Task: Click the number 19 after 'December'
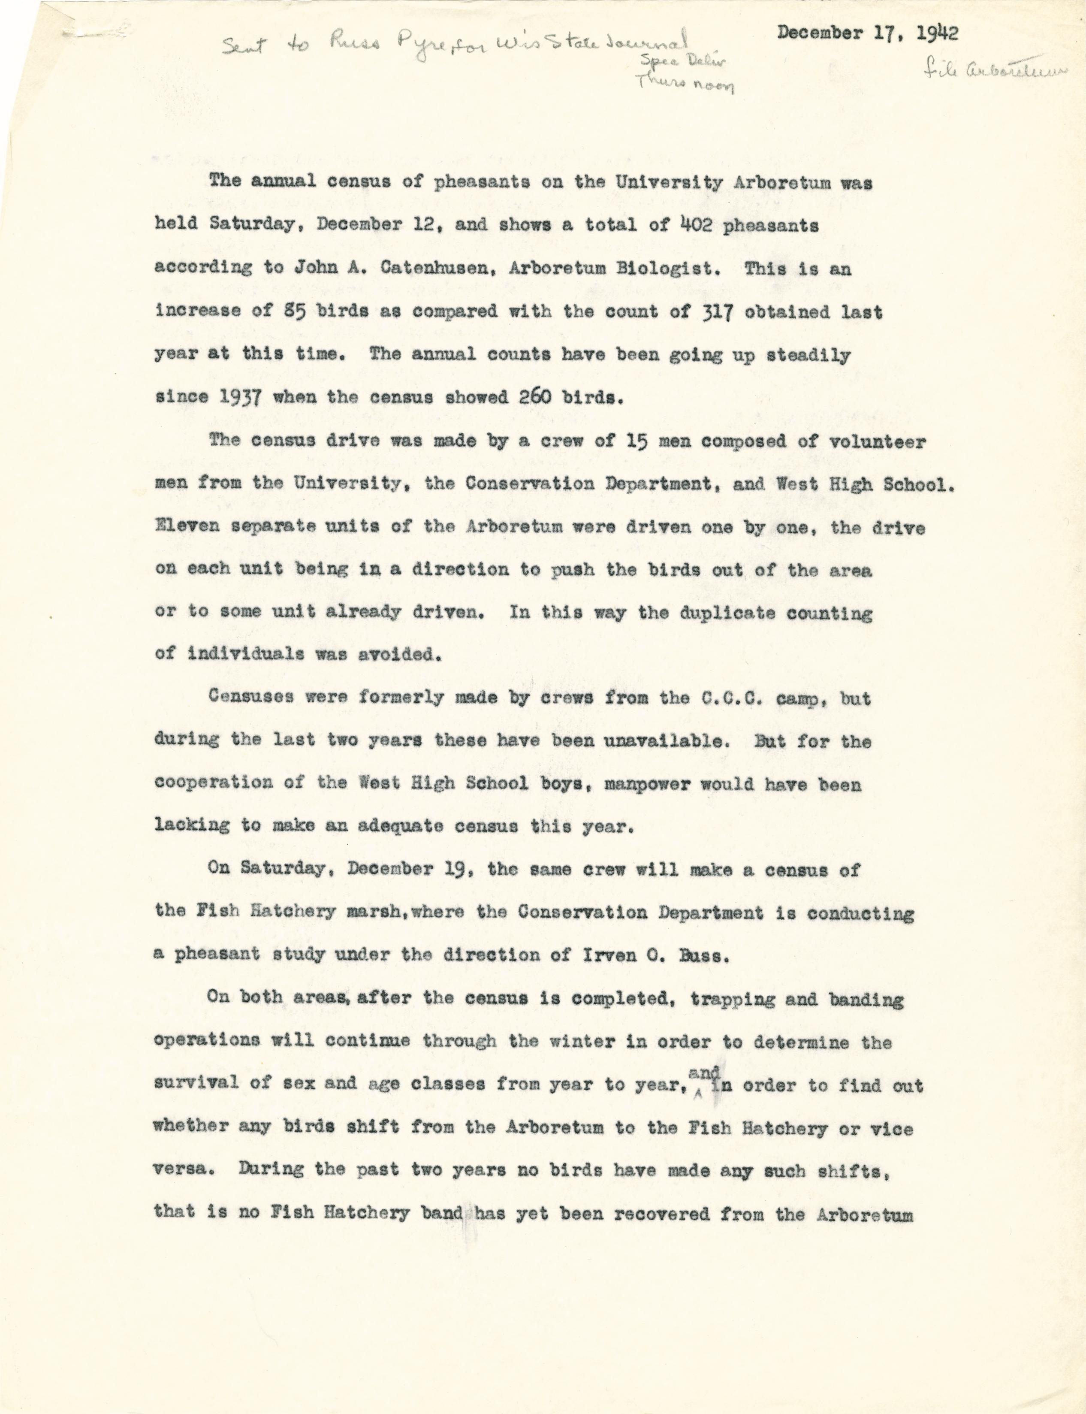point(460,870)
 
